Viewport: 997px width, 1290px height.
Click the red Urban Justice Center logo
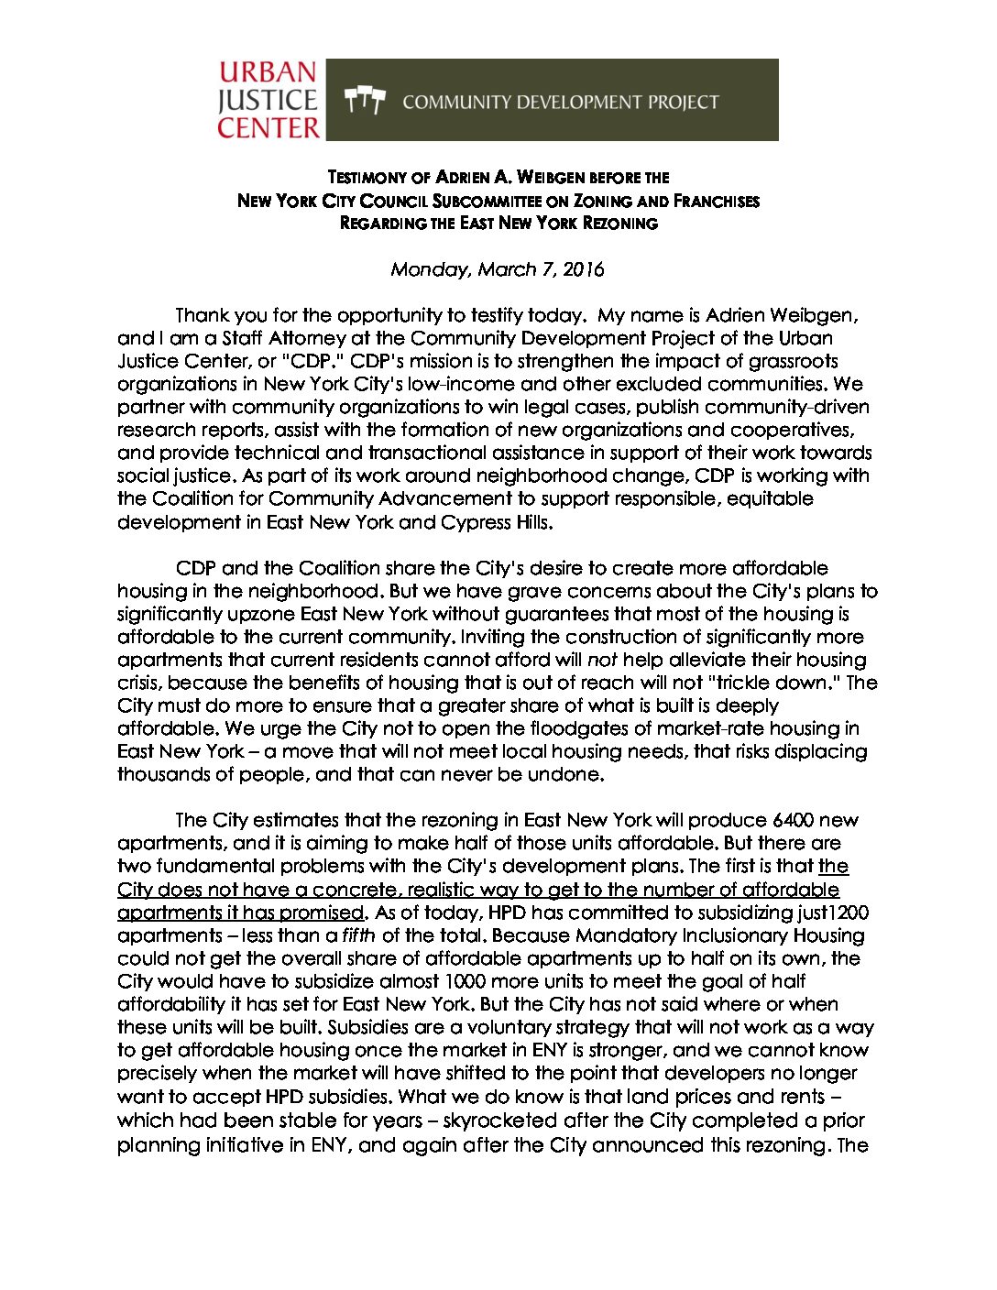[x=268, y=100]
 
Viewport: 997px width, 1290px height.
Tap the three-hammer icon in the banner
[x=365, y=100]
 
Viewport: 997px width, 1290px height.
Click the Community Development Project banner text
[x=560, y=102]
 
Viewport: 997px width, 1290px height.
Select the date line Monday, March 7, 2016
[x=498, y=269]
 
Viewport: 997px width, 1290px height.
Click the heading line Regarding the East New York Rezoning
[x=498, y=223]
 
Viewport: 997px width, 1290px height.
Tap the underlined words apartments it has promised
[x=241, y=913]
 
